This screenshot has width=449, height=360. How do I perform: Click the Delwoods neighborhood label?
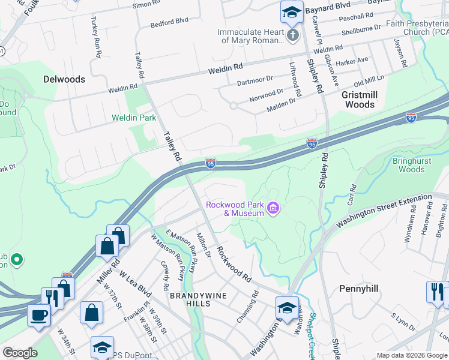click(64, 79)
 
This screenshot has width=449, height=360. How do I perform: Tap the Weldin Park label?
click(133, 118)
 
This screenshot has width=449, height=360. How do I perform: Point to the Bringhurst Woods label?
click(408, 165)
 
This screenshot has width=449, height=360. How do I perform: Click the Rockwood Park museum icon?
click(274, 209)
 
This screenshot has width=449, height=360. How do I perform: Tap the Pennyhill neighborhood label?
click(358, 289)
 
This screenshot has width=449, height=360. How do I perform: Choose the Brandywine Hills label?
click(190, 299)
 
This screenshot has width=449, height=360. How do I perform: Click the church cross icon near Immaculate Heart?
click(292, 35)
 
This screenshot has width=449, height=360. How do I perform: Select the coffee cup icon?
click(39, 316)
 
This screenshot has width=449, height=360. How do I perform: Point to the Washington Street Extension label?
click(384, 211)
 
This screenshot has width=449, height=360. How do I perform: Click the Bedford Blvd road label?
click(169, 22)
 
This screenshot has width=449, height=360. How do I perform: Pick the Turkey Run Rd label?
click(95, 37)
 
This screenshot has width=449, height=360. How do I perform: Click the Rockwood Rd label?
click(234, 265)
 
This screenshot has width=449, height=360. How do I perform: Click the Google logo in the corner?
click(20, 353)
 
